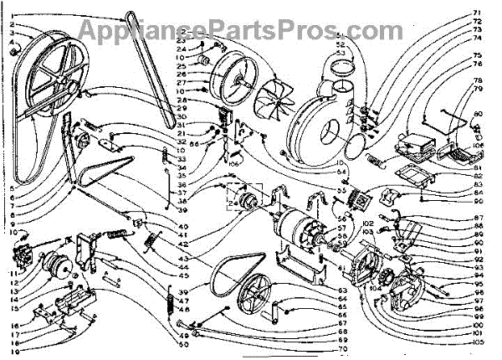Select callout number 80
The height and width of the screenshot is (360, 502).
(479, 114)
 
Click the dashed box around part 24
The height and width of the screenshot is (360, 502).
(243, 201)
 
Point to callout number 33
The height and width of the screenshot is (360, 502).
(181, 153)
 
